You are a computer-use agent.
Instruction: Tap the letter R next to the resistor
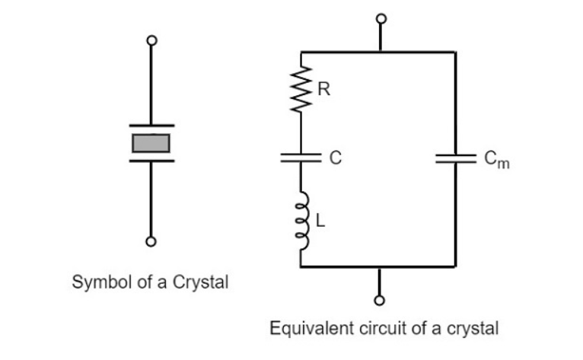pos(323,90)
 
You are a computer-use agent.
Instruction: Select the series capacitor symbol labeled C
pos(302,158)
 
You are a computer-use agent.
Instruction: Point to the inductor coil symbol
pos(302,220)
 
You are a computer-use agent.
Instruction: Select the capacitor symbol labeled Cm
pos(455,158)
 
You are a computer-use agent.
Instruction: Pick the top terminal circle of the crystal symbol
pos(152,40)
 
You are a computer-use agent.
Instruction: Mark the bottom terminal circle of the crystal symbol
pos(152,242)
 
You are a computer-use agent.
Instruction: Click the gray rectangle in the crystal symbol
pos(151,142)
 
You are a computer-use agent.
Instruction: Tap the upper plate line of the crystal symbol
pos(151,125)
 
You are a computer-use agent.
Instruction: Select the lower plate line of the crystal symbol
pos(151,161)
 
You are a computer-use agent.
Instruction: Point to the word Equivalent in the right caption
pos(302,330)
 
